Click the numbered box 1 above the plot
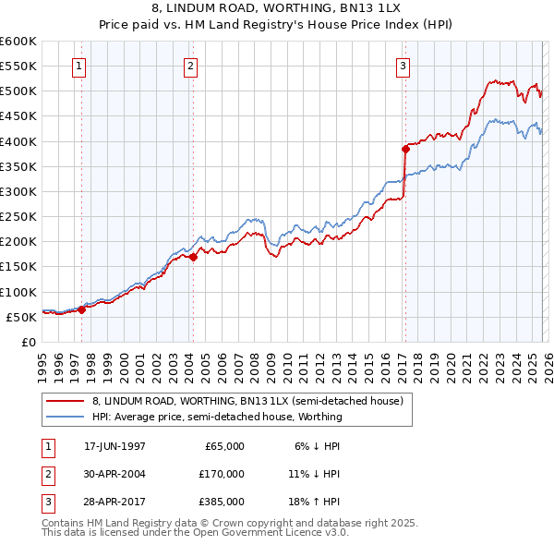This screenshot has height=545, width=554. coord(79,66)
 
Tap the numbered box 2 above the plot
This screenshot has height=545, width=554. coord(190,66)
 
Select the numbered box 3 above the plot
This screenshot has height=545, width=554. coord(403,66)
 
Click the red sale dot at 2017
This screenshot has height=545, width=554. coord(405,149)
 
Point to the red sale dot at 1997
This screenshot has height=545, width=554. coord(81,309)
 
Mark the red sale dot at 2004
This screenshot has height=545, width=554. coord(194,258)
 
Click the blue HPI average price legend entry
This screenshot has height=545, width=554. coord(217,417)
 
